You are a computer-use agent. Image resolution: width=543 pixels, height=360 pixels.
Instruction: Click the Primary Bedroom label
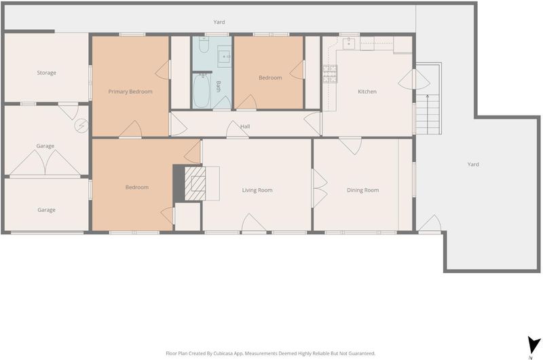pos(130,92)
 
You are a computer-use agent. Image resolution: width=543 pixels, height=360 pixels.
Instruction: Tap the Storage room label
pos(46,73)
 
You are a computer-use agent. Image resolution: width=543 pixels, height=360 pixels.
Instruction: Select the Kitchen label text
pos(367,92)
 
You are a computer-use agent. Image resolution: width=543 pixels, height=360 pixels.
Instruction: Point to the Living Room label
pos(257,190)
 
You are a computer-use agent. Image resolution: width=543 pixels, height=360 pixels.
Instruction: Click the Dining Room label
pos(363,190)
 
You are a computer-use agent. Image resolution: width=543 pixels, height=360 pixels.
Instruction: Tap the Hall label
pos(245,126)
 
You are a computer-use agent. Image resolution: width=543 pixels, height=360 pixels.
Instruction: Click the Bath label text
pos(219,86)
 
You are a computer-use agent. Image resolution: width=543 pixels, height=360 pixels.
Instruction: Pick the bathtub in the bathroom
pos(201,92)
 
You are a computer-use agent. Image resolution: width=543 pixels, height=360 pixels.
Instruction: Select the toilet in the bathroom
pos(204,45)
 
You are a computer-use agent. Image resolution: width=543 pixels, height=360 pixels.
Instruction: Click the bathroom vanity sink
pos(225,56)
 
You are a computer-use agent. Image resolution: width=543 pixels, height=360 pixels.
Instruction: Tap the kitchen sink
pos(349,43)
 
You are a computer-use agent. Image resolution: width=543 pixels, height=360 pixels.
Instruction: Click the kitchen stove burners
pos(330,74)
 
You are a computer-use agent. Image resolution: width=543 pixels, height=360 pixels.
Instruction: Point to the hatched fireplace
pos(195,183)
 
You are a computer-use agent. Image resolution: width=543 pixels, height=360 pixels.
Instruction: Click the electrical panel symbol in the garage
pos(81,126)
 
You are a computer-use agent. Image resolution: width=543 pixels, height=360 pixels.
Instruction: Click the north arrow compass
pos(533,346)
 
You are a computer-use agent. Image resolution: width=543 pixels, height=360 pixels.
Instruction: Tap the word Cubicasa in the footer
pos(223,353)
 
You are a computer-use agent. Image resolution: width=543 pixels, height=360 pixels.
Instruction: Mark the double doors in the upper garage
pos(45,162)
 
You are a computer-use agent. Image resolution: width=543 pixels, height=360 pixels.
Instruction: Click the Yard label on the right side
pos(473,164)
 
